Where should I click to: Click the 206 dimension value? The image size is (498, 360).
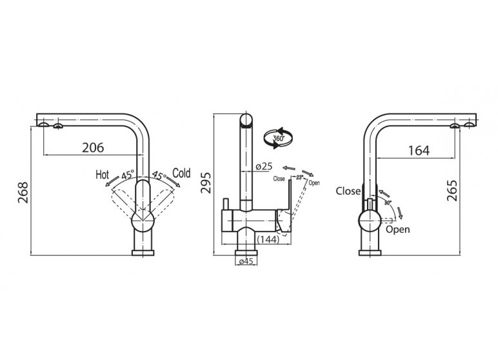click(x=93, y=148)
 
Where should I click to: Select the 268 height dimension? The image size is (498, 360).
click(x=23, y=192)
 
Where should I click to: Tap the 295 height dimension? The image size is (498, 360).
click(x=206, y=183)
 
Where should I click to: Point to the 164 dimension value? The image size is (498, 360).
click(x=419, y=150)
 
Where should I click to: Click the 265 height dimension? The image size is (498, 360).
click(x=452, y=190)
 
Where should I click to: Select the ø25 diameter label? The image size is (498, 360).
click(x=264, y=166)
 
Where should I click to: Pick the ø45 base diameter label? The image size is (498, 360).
click(x=246, y=261)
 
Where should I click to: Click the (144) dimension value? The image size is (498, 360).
click(x=268, y=239)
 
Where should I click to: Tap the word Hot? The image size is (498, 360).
click(x=103, y=174)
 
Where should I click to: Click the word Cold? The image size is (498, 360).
click(x=181, y=173)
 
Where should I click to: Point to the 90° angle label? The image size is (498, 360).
click(x=388, y=203)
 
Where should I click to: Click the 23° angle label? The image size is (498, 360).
click(x=300, y=177)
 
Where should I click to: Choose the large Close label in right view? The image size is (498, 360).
click(x=348, y=191)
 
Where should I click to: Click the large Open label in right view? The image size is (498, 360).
click(x=397, y=230)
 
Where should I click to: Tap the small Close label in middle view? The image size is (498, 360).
click(x=279, y=179)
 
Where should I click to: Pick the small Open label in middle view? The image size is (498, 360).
click(x=314, y=183)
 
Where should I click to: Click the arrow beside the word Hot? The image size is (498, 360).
click(x=112, y=182)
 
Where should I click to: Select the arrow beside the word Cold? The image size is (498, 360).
click(x=174, y=182)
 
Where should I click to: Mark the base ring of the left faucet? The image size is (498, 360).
click(x=143, y=253)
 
